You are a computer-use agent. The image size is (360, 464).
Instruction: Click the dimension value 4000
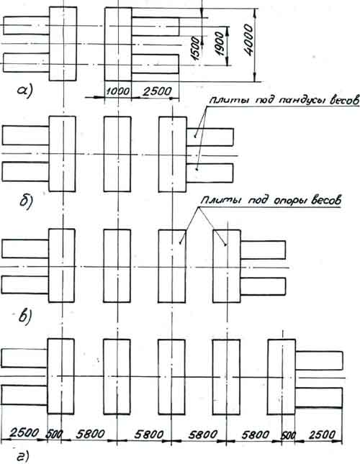pos(249,40)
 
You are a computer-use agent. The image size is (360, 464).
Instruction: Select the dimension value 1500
pos(196,48)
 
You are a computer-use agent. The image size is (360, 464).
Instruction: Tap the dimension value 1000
pos(118,91)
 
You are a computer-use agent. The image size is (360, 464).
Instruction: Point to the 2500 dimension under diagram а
pos(157,91)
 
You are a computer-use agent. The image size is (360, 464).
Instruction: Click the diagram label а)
pos(25,91)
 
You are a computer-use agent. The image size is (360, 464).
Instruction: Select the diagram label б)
pos(26,202)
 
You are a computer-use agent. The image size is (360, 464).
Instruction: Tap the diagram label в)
pos(24,317)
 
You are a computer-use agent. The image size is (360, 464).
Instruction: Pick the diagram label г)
pos(23,456)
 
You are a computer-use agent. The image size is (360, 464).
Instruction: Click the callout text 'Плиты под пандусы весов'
pos(284,100)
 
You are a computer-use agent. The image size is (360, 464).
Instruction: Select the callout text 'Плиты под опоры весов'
pos(271,201)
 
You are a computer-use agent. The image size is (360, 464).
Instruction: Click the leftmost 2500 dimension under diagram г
pos(24,432)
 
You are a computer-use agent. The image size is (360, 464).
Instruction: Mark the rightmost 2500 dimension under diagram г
pos(322,435)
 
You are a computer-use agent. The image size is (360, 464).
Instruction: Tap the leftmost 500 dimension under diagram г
pos(54,434)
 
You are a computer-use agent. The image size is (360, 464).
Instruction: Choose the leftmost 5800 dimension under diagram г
pos(90,434)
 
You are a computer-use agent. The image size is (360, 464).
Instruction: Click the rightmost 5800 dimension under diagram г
pos(256,435)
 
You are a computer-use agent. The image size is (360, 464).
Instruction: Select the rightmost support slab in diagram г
pos(282,377)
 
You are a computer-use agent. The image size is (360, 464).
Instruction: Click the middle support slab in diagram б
pos(117,154)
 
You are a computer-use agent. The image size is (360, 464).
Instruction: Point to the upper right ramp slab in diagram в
pos(263,250)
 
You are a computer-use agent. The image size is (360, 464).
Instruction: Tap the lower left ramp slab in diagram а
pos(26,63)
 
